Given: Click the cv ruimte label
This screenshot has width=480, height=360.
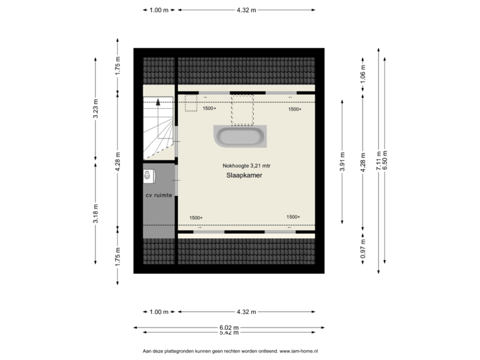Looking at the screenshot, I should pos(159,195).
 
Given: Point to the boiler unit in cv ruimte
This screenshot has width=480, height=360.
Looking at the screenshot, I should pos(147,175).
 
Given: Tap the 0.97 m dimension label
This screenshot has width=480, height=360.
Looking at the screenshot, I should pos(363,249).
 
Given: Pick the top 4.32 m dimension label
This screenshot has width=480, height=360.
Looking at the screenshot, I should pos(246,10).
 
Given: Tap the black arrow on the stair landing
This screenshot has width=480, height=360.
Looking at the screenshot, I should pos(157,103).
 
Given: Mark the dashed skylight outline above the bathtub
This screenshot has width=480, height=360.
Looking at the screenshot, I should pos(243,108).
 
